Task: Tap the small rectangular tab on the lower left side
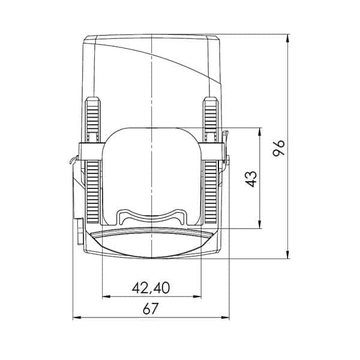click(80, 232)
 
